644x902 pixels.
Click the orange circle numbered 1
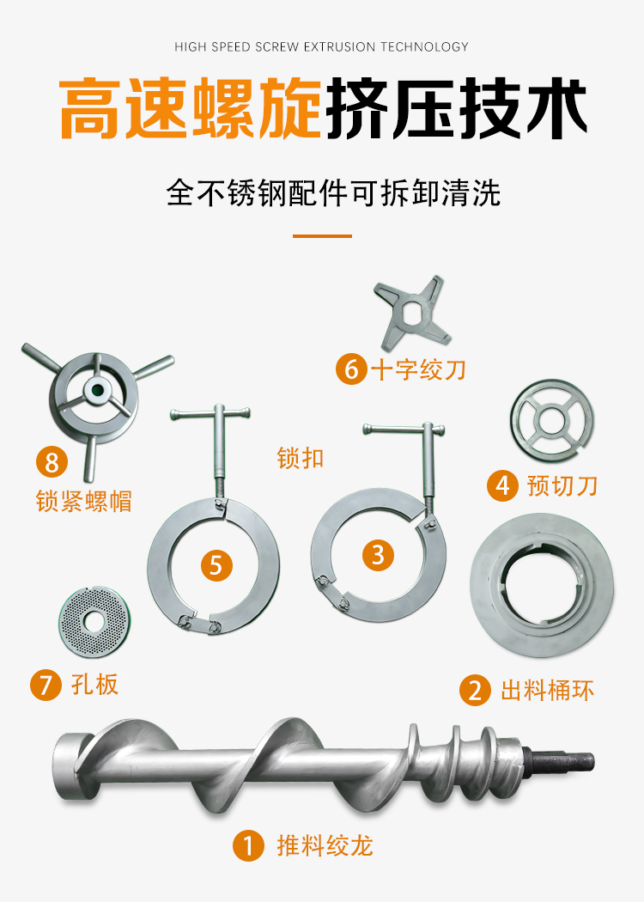click(x=248, y=845)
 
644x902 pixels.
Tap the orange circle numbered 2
click(x=475, y=690)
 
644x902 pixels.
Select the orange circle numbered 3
click(x=378, y=555)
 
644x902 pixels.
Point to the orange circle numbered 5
click(x=216, y=565)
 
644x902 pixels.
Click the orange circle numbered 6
click(x=351, y=369)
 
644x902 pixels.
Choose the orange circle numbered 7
click(x=46, y=685)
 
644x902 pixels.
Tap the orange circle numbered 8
click(x=52, y=462)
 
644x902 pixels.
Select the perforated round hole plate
click(x=92, y=621)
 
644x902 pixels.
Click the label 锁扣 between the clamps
click(x=301, y=459)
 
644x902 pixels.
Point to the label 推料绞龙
click(x=325, y=845)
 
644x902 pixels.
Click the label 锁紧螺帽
click(x=84, y=501)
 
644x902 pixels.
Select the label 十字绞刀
click(x=419, y=369)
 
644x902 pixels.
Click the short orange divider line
click(x=322, y=236)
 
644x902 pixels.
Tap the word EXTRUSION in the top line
click(x=339, y=46)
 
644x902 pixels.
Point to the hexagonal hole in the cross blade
click(x=412, y=314)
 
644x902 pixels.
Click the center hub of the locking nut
click(x=95, y=391)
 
